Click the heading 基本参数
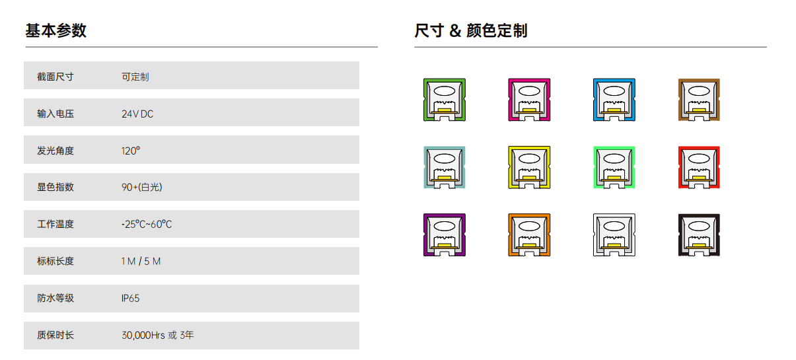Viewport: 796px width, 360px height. click(x=55, y=30)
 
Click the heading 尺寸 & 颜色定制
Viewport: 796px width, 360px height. click(x=471, y=30)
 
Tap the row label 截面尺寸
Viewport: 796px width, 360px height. click(x=55, y=77)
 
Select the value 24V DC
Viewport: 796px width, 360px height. click(x=137, y=114)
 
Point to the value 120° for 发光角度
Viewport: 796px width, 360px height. click(x=131, y=151)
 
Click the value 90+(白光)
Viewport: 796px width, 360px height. click(x=142, y=188)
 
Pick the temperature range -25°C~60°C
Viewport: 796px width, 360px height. click(x=147, y=224)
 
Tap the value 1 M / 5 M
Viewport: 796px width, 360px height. click(x=141, y=261)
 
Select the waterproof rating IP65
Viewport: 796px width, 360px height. click(x=130, y=298)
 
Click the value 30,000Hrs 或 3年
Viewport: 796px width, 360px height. click(x=158, y=335)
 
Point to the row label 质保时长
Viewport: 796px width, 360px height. click(x=55, y=335)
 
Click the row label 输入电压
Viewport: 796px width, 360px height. click(x=55, y=114)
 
